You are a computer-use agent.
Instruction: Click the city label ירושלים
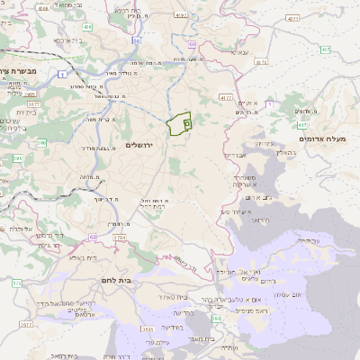140,145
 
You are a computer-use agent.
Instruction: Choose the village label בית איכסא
69,40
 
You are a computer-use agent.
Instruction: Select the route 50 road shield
136,40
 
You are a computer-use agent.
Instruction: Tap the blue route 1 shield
59,75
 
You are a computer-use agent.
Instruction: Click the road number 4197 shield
181,14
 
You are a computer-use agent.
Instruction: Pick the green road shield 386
41,142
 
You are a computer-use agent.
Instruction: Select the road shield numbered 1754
118,238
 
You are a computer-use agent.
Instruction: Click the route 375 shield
16,283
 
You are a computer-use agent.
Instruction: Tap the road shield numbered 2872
25,324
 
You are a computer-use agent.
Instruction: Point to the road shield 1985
30,93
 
